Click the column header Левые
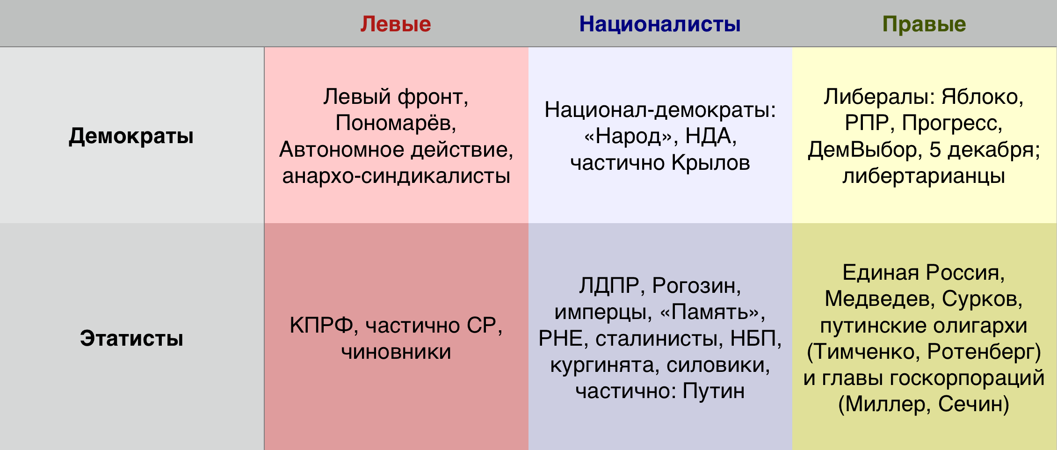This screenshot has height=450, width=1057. pyautogui.click(x=396, y=24)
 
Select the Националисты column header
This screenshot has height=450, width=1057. pyautogui.click(x=660, y=24)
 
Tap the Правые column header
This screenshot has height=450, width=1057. pyautogui.click(x=924, y=24)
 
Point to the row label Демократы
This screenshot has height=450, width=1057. pyautogui.click(x=131, y=136)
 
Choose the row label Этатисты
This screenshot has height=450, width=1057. pyautogui.click(x=131, y=338)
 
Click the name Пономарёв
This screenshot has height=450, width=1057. pyautogui.click(x=393, y=123)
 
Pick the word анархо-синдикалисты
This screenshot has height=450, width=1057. pyautogui.click(x=396, y=176)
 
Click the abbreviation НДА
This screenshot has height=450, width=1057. pyautogui.click(x=708, y=137)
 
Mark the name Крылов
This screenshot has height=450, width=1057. pyautogui.click(x=710, y=163)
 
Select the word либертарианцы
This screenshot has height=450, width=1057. pyautogui.click(x=924, y=176)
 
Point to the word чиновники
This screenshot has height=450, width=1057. pyautogui.click(x=396, y=352)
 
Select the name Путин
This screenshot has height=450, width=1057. pyautogui.click(x=713, y=391)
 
